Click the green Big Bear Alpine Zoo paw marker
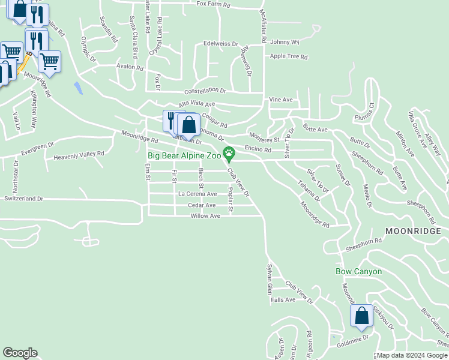[x=229, y=153]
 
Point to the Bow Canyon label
[x=358, y=271]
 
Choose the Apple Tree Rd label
[x=289, y=57]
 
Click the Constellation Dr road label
[x=205, y=91]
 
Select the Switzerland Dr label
[x=23, y=198]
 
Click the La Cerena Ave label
[x=197, y=194]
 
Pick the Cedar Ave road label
[x=202, y=205]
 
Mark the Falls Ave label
[x=283, y=299]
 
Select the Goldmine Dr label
[x=353, y=340]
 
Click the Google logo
[x=20, y=353]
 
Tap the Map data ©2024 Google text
[x=412, y=356]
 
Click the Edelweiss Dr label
[x=220, y=44]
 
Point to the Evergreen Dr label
[x=37, y=145]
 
